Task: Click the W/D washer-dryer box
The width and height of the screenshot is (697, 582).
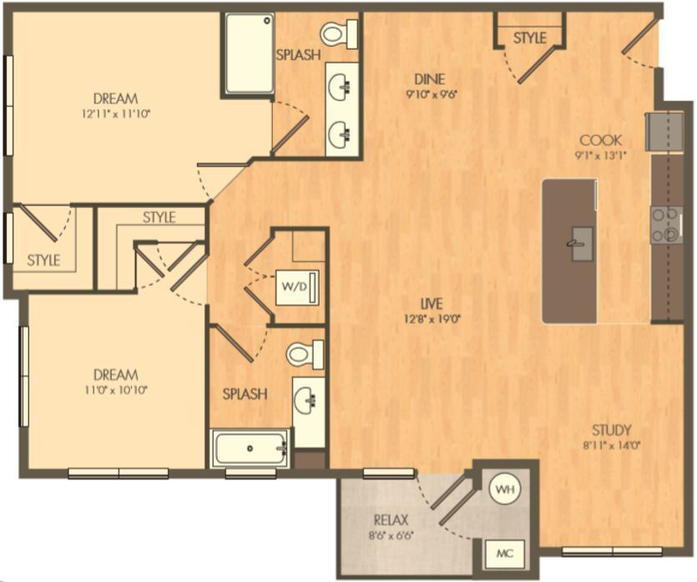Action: (294, 287)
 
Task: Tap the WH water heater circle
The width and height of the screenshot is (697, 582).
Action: (503, 488)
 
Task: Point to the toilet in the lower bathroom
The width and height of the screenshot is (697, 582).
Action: (301, 354)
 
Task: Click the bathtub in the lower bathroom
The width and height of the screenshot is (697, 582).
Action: (250, 449)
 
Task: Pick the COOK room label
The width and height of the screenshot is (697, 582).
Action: (601, 139)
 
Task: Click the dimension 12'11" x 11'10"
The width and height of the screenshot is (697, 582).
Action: (116, 113)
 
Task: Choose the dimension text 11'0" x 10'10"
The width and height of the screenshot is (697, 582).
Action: (116, 388)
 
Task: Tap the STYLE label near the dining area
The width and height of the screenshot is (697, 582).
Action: (529, 38)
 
